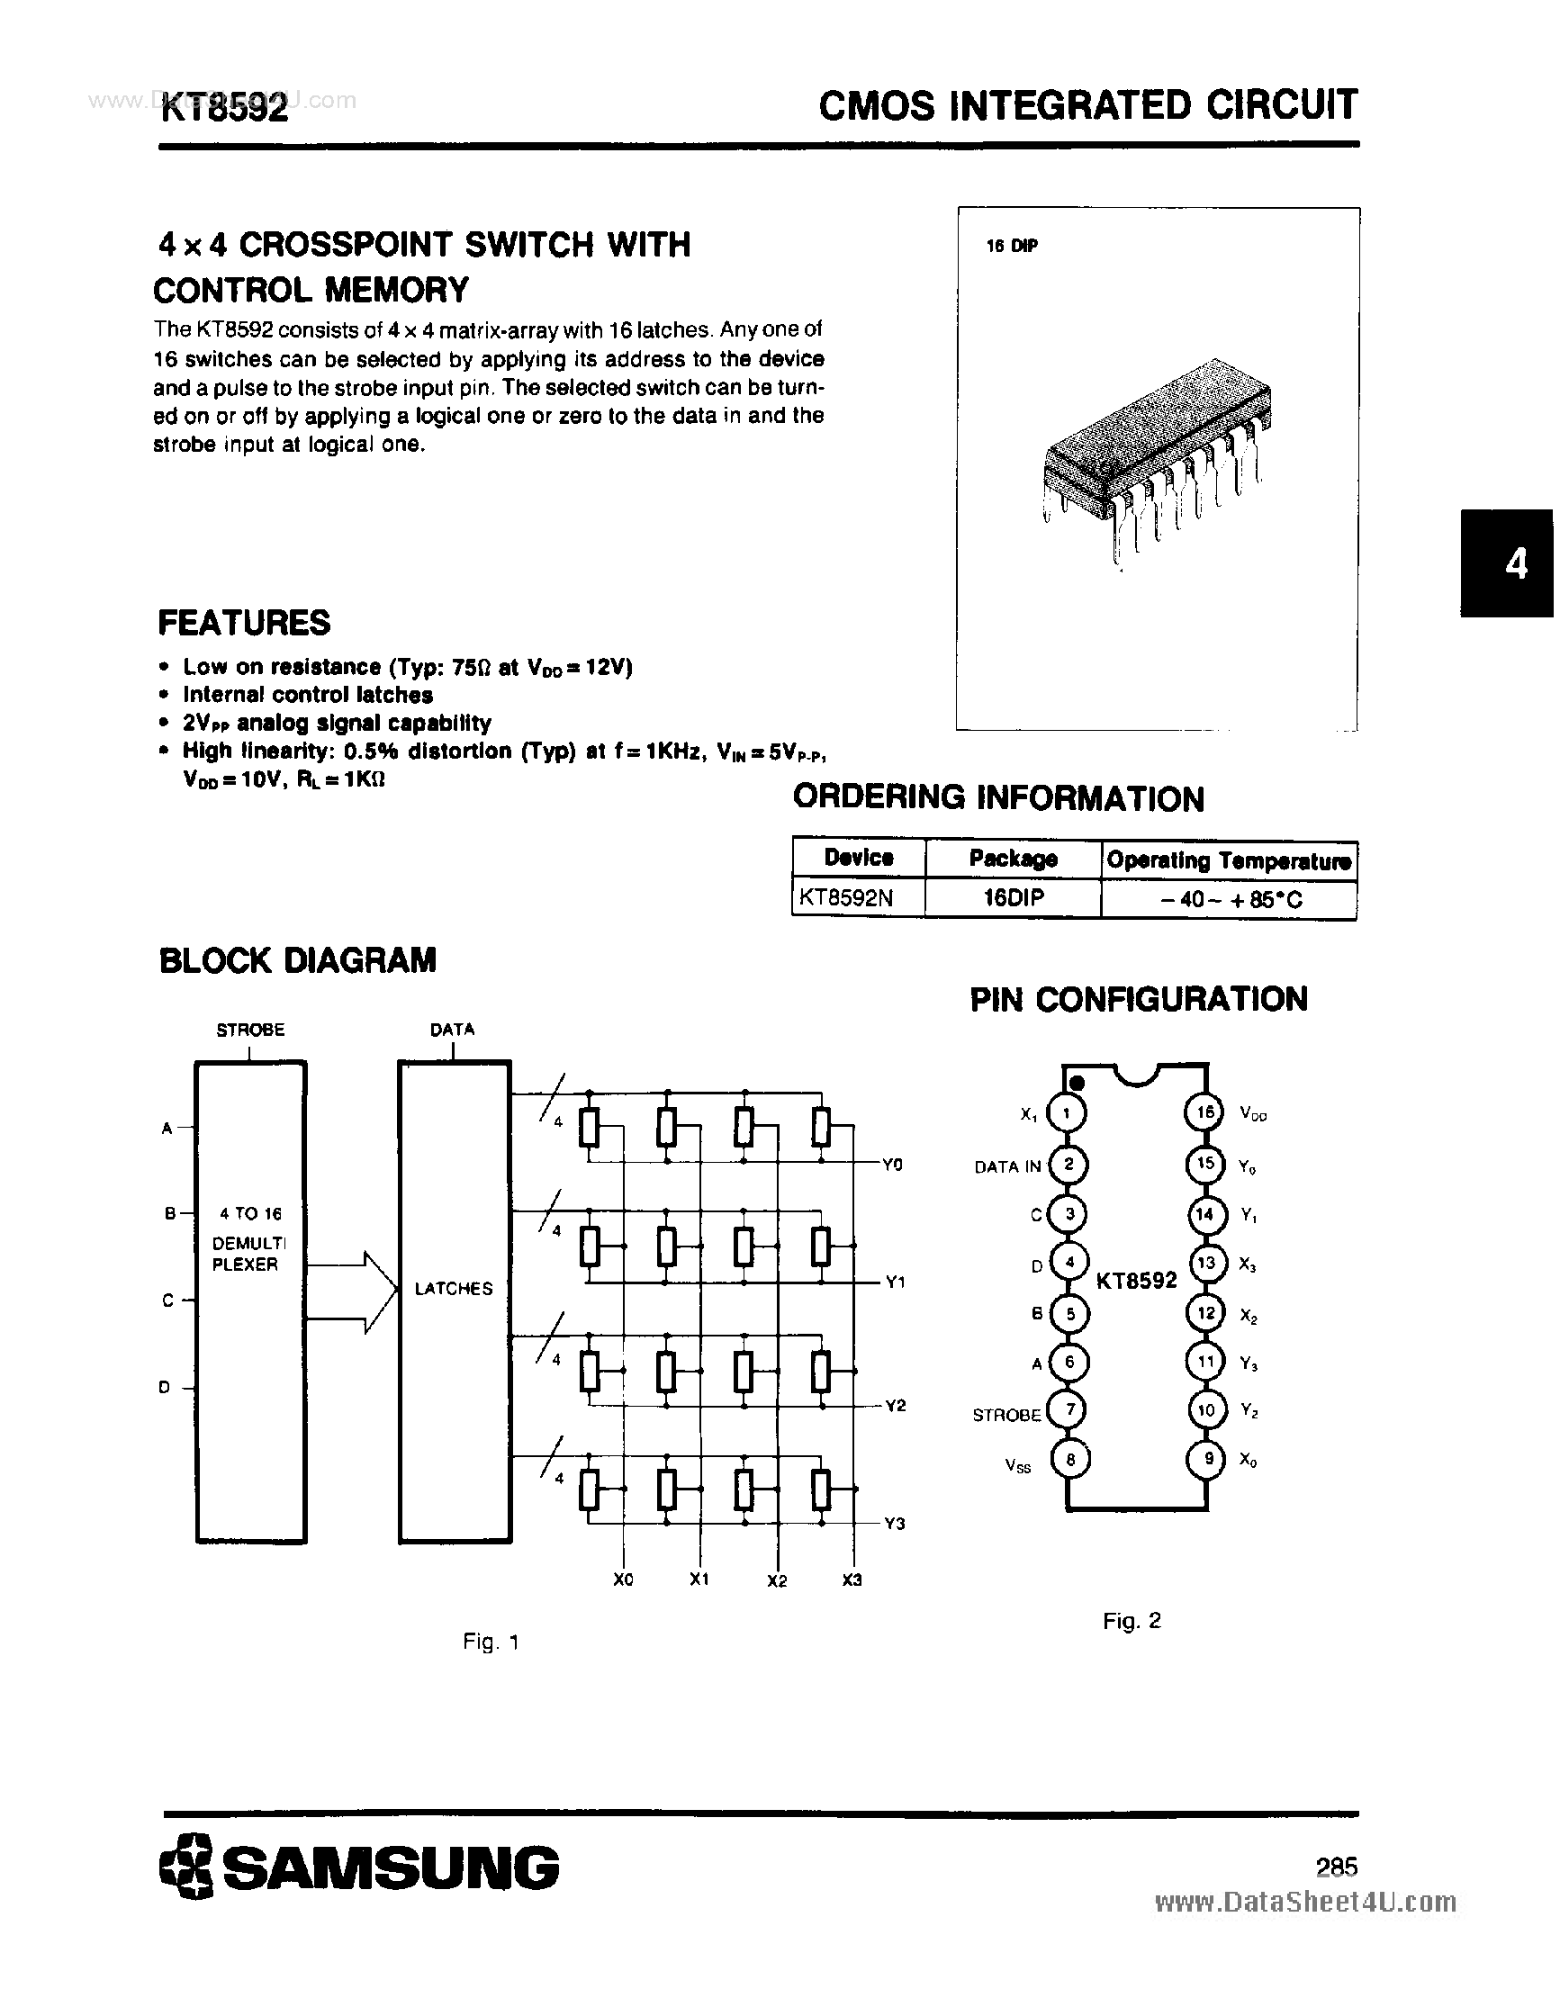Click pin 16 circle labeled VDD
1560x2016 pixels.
pyautogui.click(x=1204, y=1112)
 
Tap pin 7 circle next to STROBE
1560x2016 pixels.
pyautogui.click(x=1069, y=1409)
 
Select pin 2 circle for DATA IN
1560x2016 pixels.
pyautogui.click(x=1069, y=1164)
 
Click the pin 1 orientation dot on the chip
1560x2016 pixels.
pyautogui.click(x=1077, y=1082)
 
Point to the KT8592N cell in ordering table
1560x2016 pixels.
pyautogui.click(x=845, y=897)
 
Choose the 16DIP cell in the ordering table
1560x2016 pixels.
pyautogui.click(x=1013, y=897)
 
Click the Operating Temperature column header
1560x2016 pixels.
pyautogui.click(x=1229, y=860)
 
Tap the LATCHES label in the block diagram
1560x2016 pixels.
pyautogui.click(x=453, y=1289)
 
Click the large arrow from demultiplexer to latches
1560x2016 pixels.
pyautogui.click(x=352, y=1292)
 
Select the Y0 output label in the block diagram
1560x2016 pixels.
pyautogui.click(x=892, y=1165)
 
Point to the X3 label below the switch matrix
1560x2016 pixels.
pyautogui.click(x=852, y=1579)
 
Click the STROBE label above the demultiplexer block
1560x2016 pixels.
pyautogui.click(x=250, y=1030)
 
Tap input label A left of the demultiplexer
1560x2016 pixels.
pyautogui.click(x=167, y=1128)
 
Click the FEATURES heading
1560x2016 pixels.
pyautogui.click(x=245, y=623)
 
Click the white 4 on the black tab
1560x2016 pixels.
pyautogui.click(x=1516, y=563)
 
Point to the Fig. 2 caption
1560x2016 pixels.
pyautogui.click(x=1132, y=1620)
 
